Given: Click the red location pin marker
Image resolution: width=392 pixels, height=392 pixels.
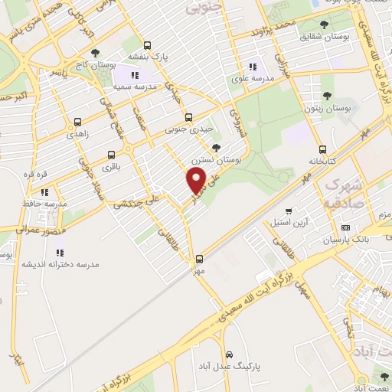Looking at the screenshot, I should (x=197, y=181).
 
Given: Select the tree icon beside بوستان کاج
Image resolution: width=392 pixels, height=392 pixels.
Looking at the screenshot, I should (x=95, y=53).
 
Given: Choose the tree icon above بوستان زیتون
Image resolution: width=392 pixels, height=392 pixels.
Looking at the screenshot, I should (x=327, y=96).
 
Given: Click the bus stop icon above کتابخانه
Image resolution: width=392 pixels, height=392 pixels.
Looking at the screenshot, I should (x=322, y=149).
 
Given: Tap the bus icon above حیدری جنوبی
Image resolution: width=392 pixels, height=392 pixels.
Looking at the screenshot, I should (x=190, y=117).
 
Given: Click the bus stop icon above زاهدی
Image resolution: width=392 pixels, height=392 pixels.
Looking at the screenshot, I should (x=77, y=122).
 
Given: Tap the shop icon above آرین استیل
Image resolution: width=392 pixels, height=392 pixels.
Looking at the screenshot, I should (x=288, y=211).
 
